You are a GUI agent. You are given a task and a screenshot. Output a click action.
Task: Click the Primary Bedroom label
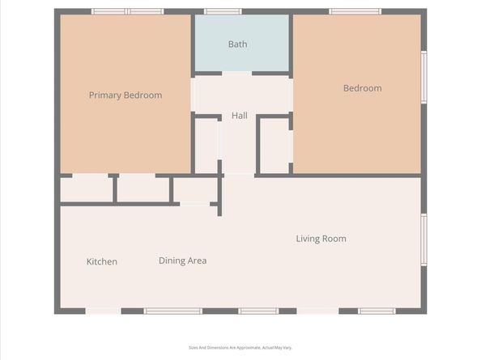125,95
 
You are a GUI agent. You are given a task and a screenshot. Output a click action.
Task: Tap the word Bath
237,44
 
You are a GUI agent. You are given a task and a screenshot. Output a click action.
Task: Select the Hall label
240,116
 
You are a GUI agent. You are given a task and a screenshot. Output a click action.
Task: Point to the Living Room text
321,239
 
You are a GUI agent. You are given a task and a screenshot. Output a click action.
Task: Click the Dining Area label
182,260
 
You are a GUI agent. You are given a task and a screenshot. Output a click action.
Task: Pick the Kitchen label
102,262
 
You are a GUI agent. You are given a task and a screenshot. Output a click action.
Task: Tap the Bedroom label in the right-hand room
362,88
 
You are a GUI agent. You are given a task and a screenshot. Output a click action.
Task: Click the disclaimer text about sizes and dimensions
240,348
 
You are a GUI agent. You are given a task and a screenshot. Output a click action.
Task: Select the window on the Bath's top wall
223,11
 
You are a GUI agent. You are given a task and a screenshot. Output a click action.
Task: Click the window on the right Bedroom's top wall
355,11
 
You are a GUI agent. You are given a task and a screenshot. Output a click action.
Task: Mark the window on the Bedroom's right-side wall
424,77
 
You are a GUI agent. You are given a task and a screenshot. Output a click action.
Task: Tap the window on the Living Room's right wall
424,239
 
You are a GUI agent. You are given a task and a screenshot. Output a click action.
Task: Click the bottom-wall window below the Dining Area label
172,311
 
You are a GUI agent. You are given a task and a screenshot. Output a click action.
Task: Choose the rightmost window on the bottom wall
377,311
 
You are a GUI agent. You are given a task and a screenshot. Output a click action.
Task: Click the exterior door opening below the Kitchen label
103,311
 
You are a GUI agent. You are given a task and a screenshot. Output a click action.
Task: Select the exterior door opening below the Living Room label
317,311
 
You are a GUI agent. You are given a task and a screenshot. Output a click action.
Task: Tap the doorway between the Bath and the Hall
237,74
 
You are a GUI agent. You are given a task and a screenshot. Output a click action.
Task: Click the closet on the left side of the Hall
206,146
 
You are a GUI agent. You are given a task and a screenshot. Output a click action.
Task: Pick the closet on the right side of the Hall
275,146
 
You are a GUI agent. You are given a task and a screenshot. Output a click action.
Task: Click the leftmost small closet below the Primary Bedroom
87,189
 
